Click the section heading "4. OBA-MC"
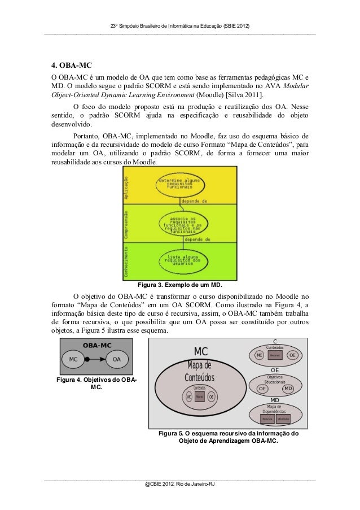coord(69,63)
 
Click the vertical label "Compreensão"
coord(125,224)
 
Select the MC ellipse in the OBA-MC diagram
coord(73,359)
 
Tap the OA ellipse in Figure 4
coord(117,359)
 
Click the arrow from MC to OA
coord(95,359)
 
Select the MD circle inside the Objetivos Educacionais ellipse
coord(288,389)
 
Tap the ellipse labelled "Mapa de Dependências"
coord(275,413)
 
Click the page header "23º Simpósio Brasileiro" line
coord(179,27)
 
